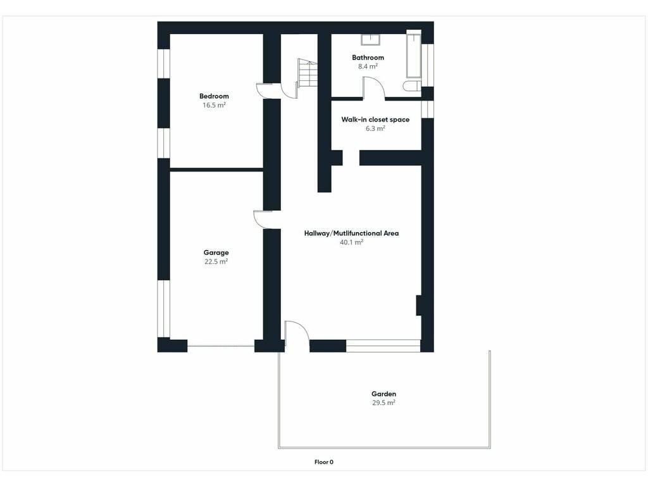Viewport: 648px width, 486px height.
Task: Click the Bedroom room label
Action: pos(214,96)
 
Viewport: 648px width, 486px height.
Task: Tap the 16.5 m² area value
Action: pos(214,106)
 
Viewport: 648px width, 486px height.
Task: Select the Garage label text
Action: pos(216,252)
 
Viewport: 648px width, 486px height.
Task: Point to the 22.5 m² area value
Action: pos(216,261)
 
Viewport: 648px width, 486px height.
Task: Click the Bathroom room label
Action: pos(368,58)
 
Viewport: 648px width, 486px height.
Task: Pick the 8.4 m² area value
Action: pos(368,66)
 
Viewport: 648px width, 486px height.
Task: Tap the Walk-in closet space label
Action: pos(375,120)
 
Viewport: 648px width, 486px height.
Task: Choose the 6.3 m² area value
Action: pos(375,128)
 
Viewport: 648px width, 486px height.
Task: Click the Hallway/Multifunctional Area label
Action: pos(351,233)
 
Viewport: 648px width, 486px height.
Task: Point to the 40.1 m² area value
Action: pos(351,242)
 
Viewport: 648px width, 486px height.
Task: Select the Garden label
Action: pos(383,394)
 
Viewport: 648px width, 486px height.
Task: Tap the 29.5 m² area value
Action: pos(383,403)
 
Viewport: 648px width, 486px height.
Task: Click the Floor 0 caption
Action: pos(324,462)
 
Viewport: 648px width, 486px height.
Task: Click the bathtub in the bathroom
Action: pos(414,54)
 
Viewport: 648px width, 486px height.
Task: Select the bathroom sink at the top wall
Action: pos(371,40)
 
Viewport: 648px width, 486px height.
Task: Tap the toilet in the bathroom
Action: pos(412,86)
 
